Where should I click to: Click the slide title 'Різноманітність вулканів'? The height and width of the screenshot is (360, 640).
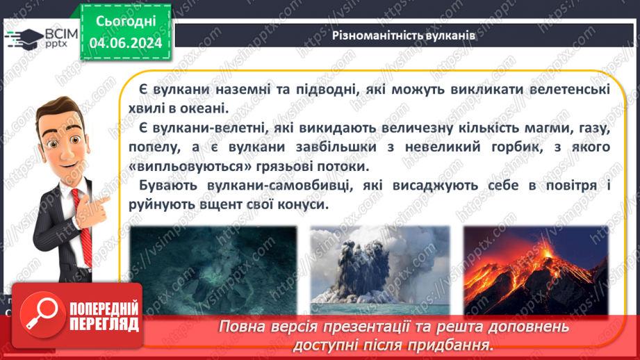point(403,37)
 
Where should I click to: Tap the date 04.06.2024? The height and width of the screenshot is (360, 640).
point(124,42)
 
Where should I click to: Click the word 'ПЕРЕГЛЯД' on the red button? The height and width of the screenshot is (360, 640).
point(105,324)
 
